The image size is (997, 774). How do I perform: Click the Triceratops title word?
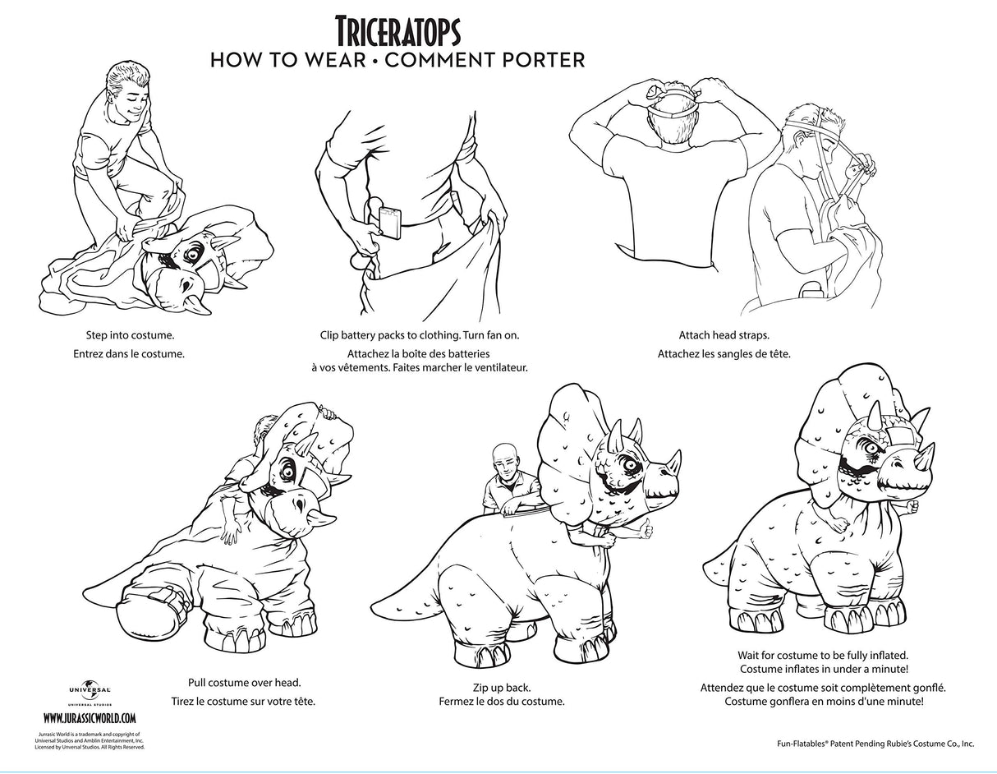pyautogui.click(x=397, y=30)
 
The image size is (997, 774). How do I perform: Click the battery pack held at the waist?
pyautogui.click(x=390, y=223)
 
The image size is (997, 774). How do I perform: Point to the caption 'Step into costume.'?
pyautogui.click(x=131, y=335)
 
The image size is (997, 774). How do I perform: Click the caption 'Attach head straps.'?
pyautogui.click(x=724, y=335)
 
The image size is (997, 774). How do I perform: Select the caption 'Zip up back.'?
pyautogui.click(x=502, y=688)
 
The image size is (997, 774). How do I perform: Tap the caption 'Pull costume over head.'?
pyautogui.click(x=245, y=682)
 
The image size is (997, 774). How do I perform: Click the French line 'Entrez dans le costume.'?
pyautogui.click(x=129, y=354)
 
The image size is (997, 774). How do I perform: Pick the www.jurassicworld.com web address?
pyautogui.click(x=90, y=718)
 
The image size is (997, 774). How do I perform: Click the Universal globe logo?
pyautogui.click(x=90, y=690)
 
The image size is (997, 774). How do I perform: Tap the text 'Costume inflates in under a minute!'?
pyautogui.click(x=824, y=669)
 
